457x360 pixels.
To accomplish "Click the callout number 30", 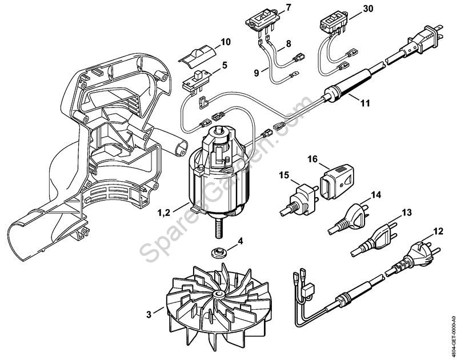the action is click(368, 9).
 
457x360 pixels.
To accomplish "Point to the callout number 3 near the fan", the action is click(149, 315).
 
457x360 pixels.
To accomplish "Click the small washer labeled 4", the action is click(217, 251).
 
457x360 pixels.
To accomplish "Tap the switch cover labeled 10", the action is click(197, 55).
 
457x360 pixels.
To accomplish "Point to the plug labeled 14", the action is click(349, 218).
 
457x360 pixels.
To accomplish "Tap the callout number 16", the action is click(312, 159).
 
